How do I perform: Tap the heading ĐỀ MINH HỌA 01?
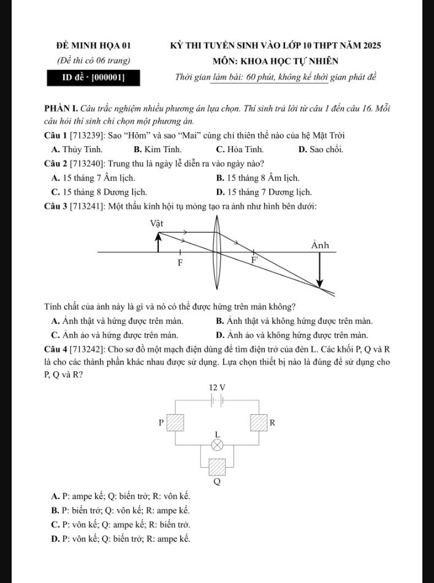click(93, 46)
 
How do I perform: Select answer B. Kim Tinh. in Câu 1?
click(158, 149)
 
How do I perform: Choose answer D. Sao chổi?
click(321, 149)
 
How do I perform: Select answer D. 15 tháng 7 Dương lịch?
click(264, 191)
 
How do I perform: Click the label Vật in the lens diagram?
click(158, 223)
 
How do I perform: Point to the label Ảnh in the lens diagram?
click(320, 245)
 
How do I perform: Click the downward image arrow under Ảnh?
click(319, 269)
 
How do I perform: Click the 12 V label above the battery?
click(217, 387)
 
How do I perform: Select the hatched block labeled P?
click(177, 423)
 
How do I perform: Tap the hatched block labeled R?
click(258, 423)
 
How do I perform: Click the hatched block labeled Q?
click(216, 466)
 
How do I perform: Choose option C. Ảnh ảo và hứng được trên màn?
click(115, 335)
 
